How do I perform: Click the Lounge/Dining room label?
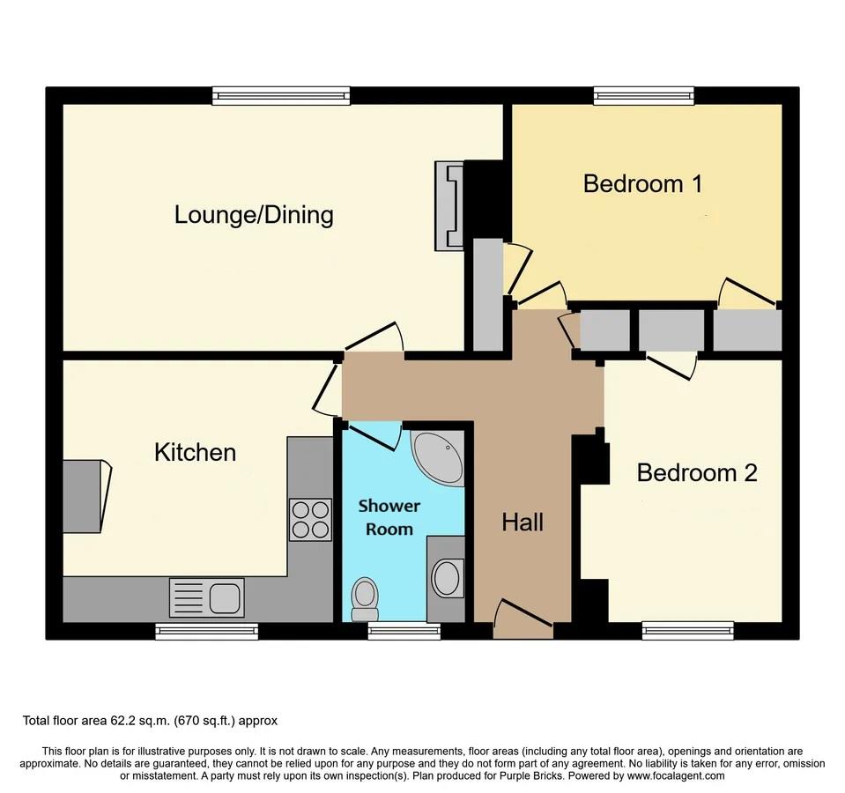coord(254,214)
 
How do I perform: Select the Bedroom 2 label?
coord(696,473)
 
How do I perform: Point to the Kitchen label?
coord(195,453)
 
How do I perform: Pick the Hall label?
coord(523,522)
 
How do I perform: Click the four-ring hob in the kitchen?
coord(310,519)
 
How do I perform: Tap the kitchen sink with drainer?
coord(206,597)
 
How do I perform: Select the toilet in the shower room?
coord(364,598)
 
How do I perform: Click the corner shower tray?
coord(438,456)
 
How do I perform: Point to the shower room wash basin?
coord(446,579)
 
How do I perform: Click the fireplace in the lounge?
coord(448,205)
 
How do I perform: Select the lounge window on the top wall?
coord(281,95)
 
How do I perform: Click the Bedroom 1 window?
coord(643,95)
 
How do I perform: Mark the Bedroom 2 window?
coord(687,630)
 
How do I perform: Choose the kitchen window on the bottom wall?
coord(207,630)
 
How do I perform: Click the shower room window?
coord(404,630)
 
